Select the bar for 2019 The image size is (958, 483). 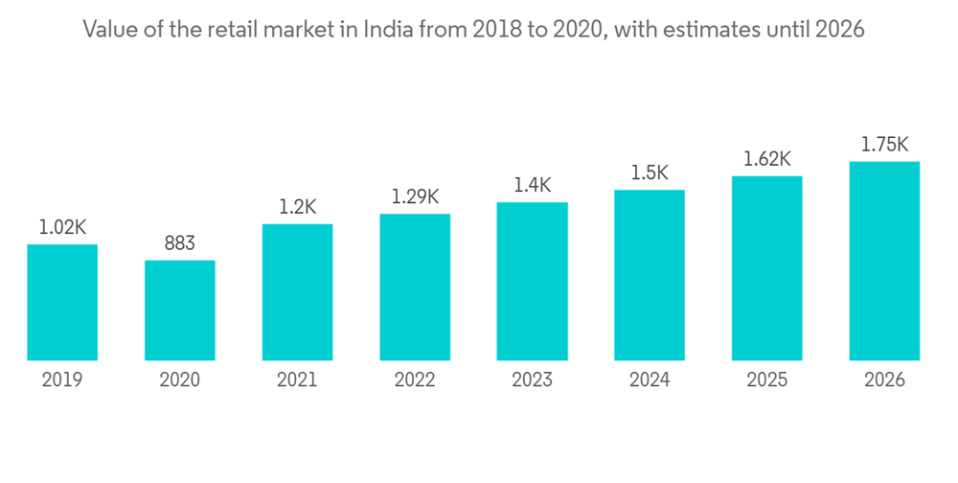tap(62, 303)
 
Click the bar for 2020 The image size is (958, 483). tap(180, 310)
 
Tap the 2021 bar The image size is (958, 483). tap(297, 292)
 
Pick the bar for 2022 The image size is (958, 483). tap(415, 287)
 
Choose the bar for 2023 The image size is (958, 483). tap(532, 282)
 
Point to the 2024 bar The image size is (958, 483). tap(650, 275)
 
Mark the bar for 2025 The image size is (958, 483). tap(766, 268)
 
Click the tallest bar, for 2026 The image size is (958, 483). tap(884, 261)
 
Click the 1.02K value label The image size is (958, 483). tap(62, 228)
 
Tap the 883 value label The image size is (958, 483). tap(180, 244)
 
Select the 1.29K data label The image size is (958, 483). tap(415, 197)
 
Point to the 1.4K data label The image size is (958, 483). tap(532, 186)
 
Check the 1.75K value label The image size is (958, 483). tap(884, 145)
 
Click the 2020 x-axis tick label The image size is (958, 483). tap(180, 380)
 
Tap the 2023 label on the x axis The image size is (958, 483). tap(532, 380)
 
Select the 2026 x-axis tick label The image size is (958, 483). tap(884, 380)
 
